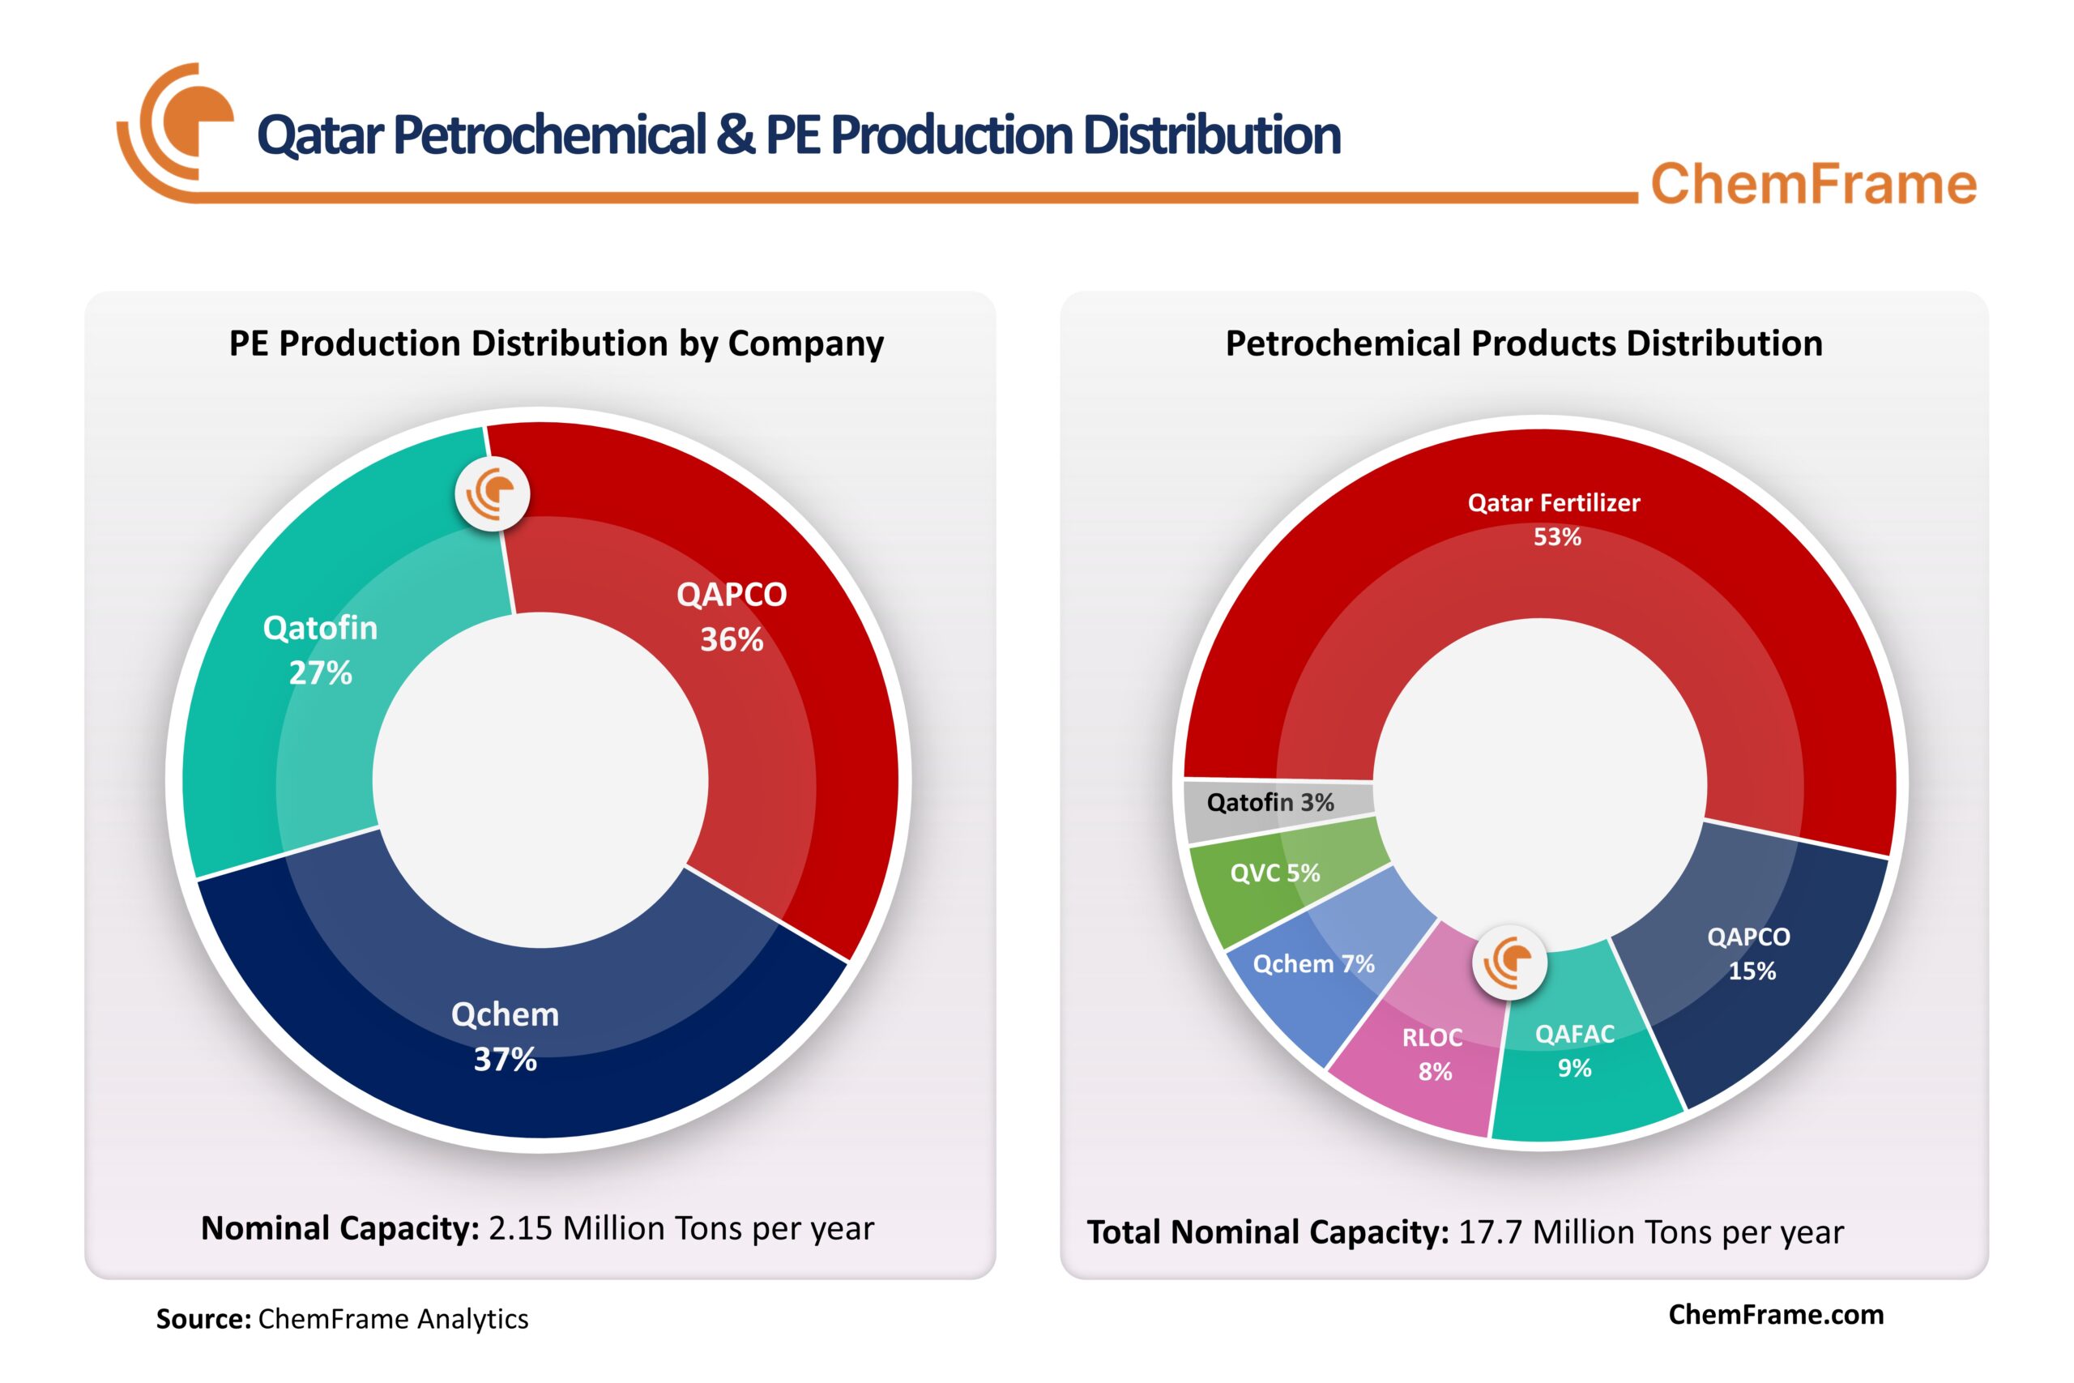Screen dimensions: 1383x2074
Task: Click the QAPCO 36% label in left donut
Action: pyautogui.click(x=731, y=617)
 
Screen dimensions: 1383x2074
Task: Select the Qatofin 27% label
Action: pyautogui.click(x=320, y=650)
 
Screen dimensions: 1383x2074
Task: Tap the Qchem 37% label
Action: pyautogui.click(x=506, y=1036)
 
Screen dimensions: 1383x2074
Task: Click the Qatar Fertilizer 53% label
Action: pyautogui.click(x=1554, y=519)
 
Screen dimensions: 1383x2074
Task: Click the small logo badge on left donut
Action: pyautogui.click(x=492, y=494)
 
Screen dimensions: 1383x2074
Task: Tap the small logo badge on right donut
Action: pyautogui.click(x=1509, y=963)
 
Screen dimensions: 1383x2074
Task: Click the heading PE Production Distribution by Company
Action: pyautogui.click(x=557, y=343)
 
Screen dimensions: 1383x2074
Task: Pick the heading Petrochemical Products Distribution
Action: pyautogui.click(x=1524, y=343)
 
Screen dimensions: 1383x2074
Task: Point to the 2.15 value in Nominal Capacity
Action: pyautogui.click(x=520, y=1228)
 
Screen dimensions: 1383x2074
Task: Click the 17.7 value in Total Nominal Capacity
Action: pyautogui.click(x=1490, y=1232)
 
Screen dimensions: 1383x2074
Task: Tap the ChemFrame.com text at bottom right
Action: pyautogui.click(x=1776, y=1314)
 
